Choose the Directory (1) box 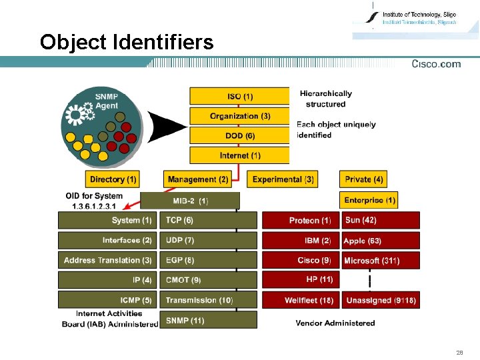pyautogui.click(x=113, y=179)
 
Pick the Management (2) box pyautogui.click(x=198, y=179)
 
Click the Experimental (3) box pyautogui.click(x=283, y=179)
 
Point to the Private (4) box pyautogui.click(x=364, y=179)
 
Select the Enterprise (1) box pyautogui.click(x=370, y=200)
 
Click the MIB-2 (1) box pyautogui.click(x=190, y=200)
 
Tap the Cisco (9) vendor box pyautogui.click(x=301, y=260)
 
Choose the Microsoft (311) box pyautogui.click(x=381, y=260)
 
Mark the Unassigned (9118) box pyautogui.click(x=381, y=301)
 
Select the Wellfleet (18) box pyautogui.click(x=301, y=301)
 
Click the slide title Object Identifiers pyautogui.click(x=127, y=43)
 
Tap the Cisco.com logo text pyautogui.click(x=436, y=64)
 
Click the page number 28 pyautogui.click(x=459, y=352)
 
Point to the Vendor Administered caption pyautogui.click(x=335, y=323)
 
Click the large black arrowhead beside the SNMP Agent pyautogui.click(x=167, y=125)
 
